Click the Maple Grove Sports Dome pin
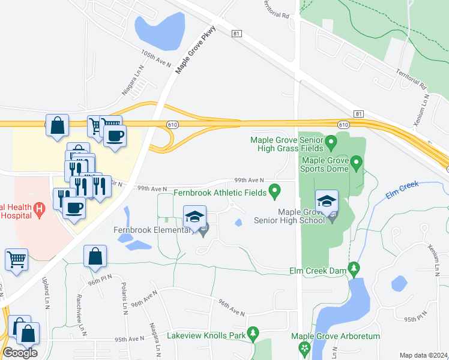tap(356, 163)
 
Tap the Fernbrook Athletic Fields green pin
tap(275, 191)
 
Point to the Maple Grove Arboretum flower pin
tap(304, 347)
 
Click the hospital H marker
tap(40, 209)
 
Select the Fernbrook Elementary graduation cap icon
tap(194, 217)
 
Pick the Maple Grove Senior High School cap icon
tap(327, 201)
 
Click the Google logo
tap(20, 352)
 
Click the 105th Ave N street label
tap(157, 58)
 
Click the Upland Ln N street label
tap(46, 290)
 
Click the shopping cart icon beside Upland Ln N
tap(16, 260)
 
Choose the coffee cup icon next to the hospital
tap(74, 208)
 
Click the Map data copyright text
tap(424, 355)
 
